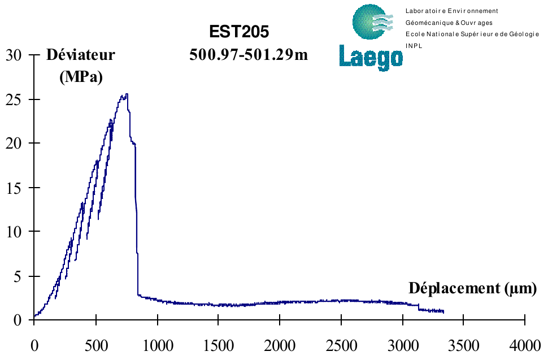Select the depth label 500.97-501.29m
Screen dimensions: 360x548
tap(249, 55)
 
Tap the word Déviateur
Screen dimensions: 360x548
tap(81, 55)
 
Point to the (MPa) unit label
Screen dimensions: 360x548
tap(81, 76)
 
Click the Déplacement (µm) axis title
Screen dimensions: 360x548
tap(472, 288)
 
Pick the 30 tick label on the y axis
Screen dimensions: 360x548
tap(14, 55)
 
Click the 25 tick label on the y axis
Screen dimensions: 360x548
tap(14, 99)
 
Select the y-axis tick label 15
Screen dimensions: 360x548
tap(14, 188)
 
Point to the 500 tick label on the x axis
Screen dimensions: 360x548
tap(95, 344)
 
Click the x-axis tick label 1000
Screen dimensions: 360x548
tap(157, 344)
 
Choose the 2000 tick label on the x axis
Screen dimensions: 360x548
tap(280, 344)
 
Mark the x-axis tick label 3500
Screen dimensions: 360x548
tap(464, 344)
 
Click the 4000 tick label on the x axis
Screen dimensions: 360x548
tap(525, 344)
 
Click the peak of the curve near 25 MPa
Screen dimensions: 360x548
tap(126, 94)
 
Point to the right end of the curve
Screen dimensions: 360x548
tap(443, 311)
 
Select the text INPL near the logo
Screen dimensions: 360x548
tap(414, 46)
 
